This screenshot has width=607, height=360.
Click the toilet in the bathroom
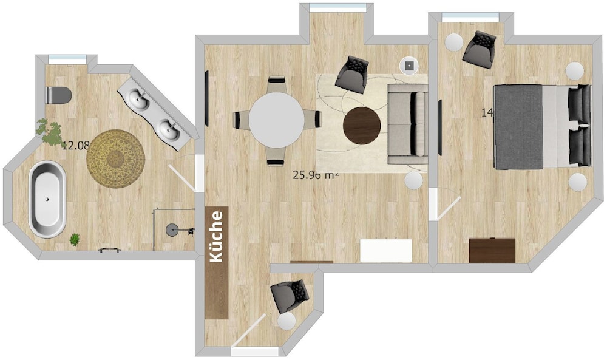point(59,95)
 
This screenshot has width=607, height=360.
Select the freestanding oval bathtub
point(47,199)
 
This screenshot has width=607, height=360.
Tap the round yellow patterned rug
point(115,159)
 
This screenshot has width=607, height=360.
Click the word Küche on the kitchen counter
point(217,236)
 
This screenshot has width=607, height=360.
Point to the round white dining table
point(277,120)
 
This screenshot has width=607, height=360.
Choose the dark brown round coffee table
point(362,125)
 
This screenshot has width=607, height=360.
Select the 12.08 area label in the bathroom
point(75,145)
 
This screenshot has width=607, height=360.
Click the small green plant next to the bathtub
point(75,240)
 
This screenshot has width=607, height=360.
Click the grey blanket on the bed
point(518,126)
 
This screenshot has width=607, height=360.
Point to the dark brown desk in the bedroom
point(492,250)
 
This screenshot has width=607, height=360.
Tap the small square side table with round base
point(410,64)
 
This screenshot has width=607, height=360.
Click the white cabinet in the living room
point(386,250)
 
